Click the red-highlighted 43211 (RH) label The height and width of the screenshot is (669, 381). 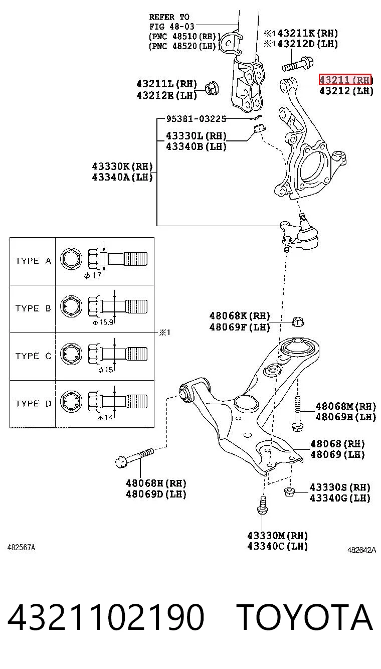click(x=345, y=80)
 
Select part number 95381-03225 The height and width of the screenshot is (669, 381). click(x=196, y=119)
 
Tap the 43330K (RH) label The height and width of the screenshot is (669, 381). click(x=122, y=166)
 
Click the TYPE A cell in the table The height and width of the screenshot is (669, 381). click(x=33, y=261)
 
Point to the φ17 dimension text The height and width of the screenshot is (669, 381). click(x=93, y=275)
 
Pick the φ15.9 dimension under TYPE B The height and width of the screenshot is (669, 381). click(x=103, y=322)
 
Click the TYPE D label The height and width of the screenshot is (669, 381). click(x=33, y=404)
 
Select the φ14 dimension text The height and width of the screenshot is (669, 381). click(x=105, y=418)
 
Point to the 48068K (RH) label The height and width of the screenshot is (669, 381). click(x=240, y=316)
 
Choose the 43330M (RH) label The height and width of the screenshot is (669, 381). click(x=277, y=536)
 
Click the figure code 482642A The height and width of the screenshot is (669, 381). click(x=361, y=550)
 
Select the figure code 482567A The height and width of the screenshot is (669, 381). click(x=21, y=548)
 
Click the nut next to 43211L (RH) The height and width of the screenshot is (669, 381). click(x=212, y=88)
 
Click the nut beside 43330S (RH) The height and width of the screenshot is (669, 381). click(x=288, y=491)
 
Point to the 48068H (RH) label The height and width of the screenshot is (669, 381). click(x=156, y=483)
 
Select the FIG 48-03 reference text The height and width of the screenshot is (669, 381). click(x=171, y=27)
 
